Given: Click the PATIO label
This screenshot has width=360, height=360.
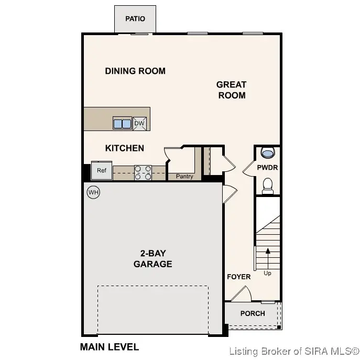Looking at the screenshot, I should (135, 19).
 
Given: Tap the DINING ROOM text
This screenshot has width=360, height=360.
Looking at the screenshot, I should (135, 71).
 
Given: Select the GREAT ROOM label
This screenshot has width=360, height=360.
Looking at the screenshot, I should (231, 90).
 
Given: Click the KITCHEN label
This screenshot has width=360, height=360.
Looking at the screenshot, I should (125, 148).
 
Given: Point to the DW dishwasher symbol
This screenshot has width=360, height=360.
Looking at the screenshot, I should (139, 124).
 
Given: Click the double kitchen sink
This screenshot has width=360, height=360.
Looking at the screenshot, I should (122, 124).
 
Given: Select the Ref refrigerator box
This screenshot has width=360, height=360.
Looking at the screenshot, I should (102, 171).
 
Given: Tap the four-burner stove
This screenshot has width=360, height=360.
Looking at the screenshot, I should (143, 172).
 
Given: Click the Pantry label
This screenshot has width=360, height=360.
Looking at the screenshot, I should (184, 177).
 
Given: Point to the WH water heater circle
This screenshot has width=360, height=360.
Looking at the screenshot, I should (93, 192).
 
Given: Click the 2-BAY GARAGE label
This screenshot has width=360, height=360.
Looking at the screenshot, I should (152, 259).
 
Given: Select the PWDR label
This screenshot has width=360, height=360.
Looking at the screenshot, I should (267, 168).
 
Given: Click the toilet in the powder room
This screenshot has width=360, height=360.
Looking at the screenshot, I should (268, 186).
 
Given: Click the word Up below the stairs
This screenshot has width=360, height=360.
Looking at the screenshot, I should (268, 274).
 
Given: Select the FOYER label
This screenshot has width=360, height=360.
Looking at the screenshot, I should (238, 277).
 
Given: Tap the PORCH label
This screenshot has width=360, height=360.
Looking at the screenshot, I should (253, 313).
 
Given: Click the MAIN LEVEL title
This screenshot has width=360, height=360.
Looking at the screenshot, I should (109, 347).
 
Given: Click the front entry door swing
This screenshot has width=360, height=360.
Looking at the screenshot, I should (242, 294).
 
